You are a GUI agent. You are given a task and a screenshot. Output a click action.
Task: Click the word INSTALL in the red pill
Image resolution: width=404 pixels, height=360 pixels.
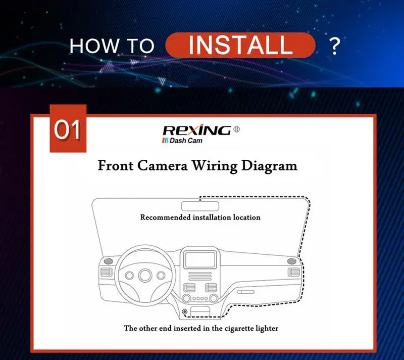tap(240, 45)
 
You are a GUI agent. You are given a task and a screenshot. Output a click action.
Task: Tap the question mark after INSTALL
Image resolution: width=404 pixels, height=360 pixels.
tap(335, 46)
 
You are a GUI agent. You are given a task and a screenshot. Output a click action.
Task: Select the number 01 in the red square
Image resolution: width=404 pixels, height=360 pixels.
tap(68, 130)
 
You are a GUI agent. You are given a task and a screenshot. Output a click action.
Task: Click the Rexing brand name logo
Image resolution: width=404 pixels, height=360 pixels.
tap(197, 130)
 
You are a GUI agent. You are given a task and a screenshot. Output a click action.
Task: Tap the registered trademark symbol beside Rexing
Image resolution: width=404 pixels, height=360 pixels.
tap(236, 129)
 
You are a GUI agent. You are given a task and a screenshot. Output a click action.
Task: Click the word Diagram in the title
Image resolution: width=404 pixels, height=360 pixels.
tap(269, 166)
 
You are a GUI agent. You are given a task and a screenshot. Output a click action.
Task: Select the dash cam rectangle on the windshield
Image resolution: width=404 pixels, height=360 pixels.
tap(200, 206)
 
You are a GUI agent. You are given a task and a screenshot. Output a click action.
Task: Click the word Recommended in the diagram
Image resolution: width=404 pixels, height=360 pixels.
tap(166, 217)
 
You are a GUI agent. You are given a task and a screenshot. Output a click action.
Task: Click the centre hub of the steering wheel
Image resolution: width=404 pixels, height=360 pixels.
tap(145, 275)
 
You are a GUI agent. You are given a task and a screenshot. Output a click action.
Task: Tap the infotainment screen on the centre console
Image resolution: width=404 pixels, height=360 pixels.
tap(200, 259)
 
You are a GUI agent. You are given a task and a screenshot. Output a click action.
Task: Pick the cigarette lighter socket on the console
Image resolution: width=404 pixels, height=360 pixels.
tap(184, 312)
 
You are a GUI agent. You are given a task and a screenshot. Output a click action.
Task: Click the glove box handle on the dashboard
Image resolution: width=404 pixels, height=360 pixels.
tap(245, 292)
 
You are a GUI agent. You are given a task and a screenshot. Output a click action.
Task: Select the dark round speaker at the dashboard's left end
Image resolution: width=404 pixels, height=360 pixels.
tap(108, 261)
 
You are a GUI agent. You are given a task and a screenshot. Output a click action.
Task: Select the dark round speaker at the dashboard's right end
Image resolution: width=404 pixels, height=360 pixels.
tap(292, 261)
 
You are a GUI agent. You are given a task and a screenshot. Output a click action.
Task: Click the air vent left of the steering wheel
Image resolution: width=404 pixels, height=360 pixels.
tap(106, 272)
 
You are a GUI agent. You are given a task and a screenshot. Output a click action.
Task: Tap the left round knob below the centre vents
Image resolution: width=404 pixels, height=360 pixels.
tap(186, 298)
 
